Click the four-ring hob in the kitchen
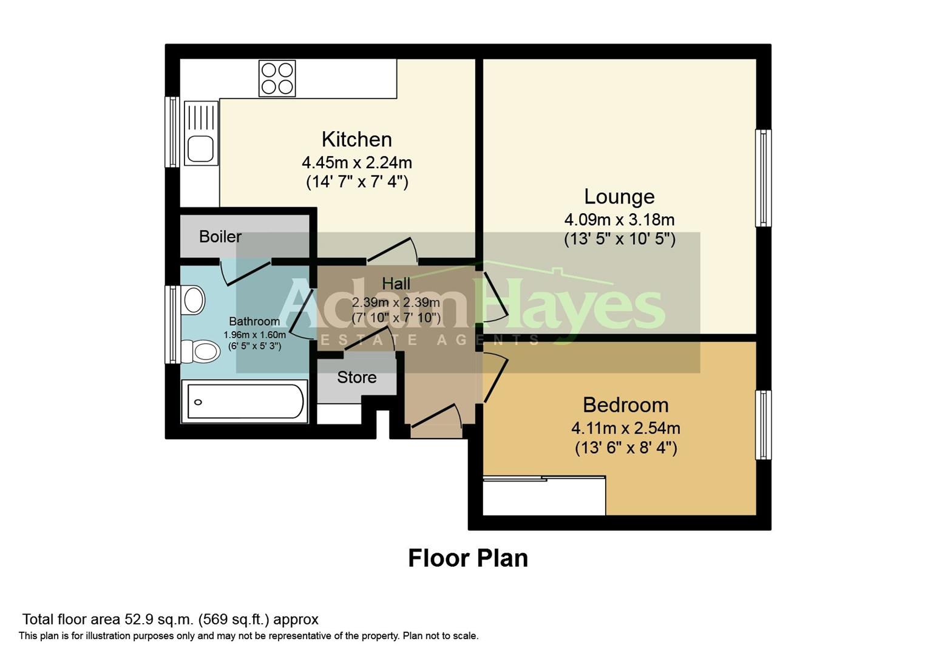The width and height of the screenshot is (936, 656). (277, 78)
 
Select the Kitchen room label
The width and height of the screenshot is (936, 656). (356, 139)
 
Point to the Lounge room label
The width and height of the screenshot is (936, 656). (619, 196)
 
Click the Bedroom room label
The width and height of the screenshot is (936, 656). (625, 405)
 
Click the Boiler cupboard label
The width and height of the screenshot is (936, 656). (220, 236)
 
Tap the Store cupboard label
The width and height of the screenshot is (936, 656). (357, 377)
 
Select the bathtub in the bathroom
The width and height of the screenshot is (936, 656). (245, 401)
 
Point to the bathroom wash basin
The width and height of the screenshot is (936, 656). (194, 300)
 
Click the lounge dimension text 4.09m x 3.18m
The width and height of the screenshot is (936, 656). (619, 219)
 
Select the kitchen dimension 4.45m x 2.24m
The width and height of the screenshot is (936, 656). (357, 162)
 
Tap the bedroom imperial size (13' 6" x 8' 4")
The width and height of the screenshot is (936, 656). (625, 448)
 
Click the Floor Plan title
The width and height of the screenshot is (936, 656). (467, 558)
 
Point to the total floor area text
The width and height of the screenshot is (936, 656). (170, 620)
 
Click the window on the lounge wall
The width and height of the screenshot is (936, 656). (763, 178)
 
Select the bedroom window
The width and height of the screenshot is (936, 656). (763, 425)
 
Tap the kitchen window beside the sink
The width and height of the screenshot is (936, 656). (173, 132)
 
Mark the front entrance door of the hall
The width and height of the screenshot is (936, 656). (435, 419)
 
